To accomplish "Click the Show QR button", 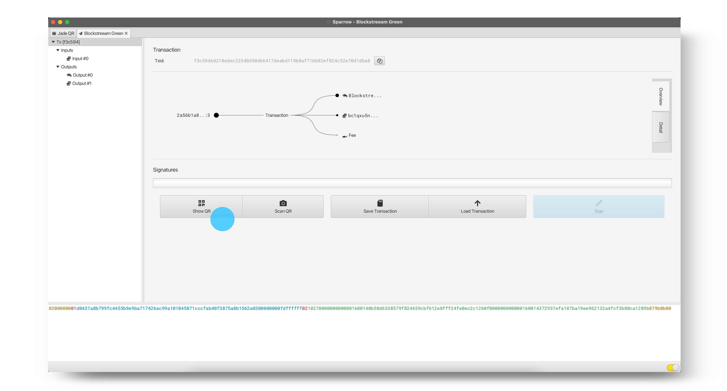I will point(201,206).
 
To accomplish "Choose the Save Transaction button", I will point(380,206).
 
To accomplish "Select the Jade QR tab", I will point(63,33).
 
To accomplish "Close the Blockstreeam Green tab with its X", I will point(126,33).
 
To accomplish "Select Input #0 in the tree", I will point(80,59).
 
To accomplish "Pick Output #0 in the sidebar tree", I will point(82,75).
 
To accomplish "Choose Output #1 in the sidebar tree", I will point(82,83).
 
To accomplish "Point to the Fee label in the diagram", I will point(352,135).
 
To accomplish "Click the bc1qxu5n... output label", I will point(363,116).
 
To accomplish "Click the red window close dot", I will point(53,22).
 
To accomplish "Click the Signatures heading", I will point(165,170).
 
